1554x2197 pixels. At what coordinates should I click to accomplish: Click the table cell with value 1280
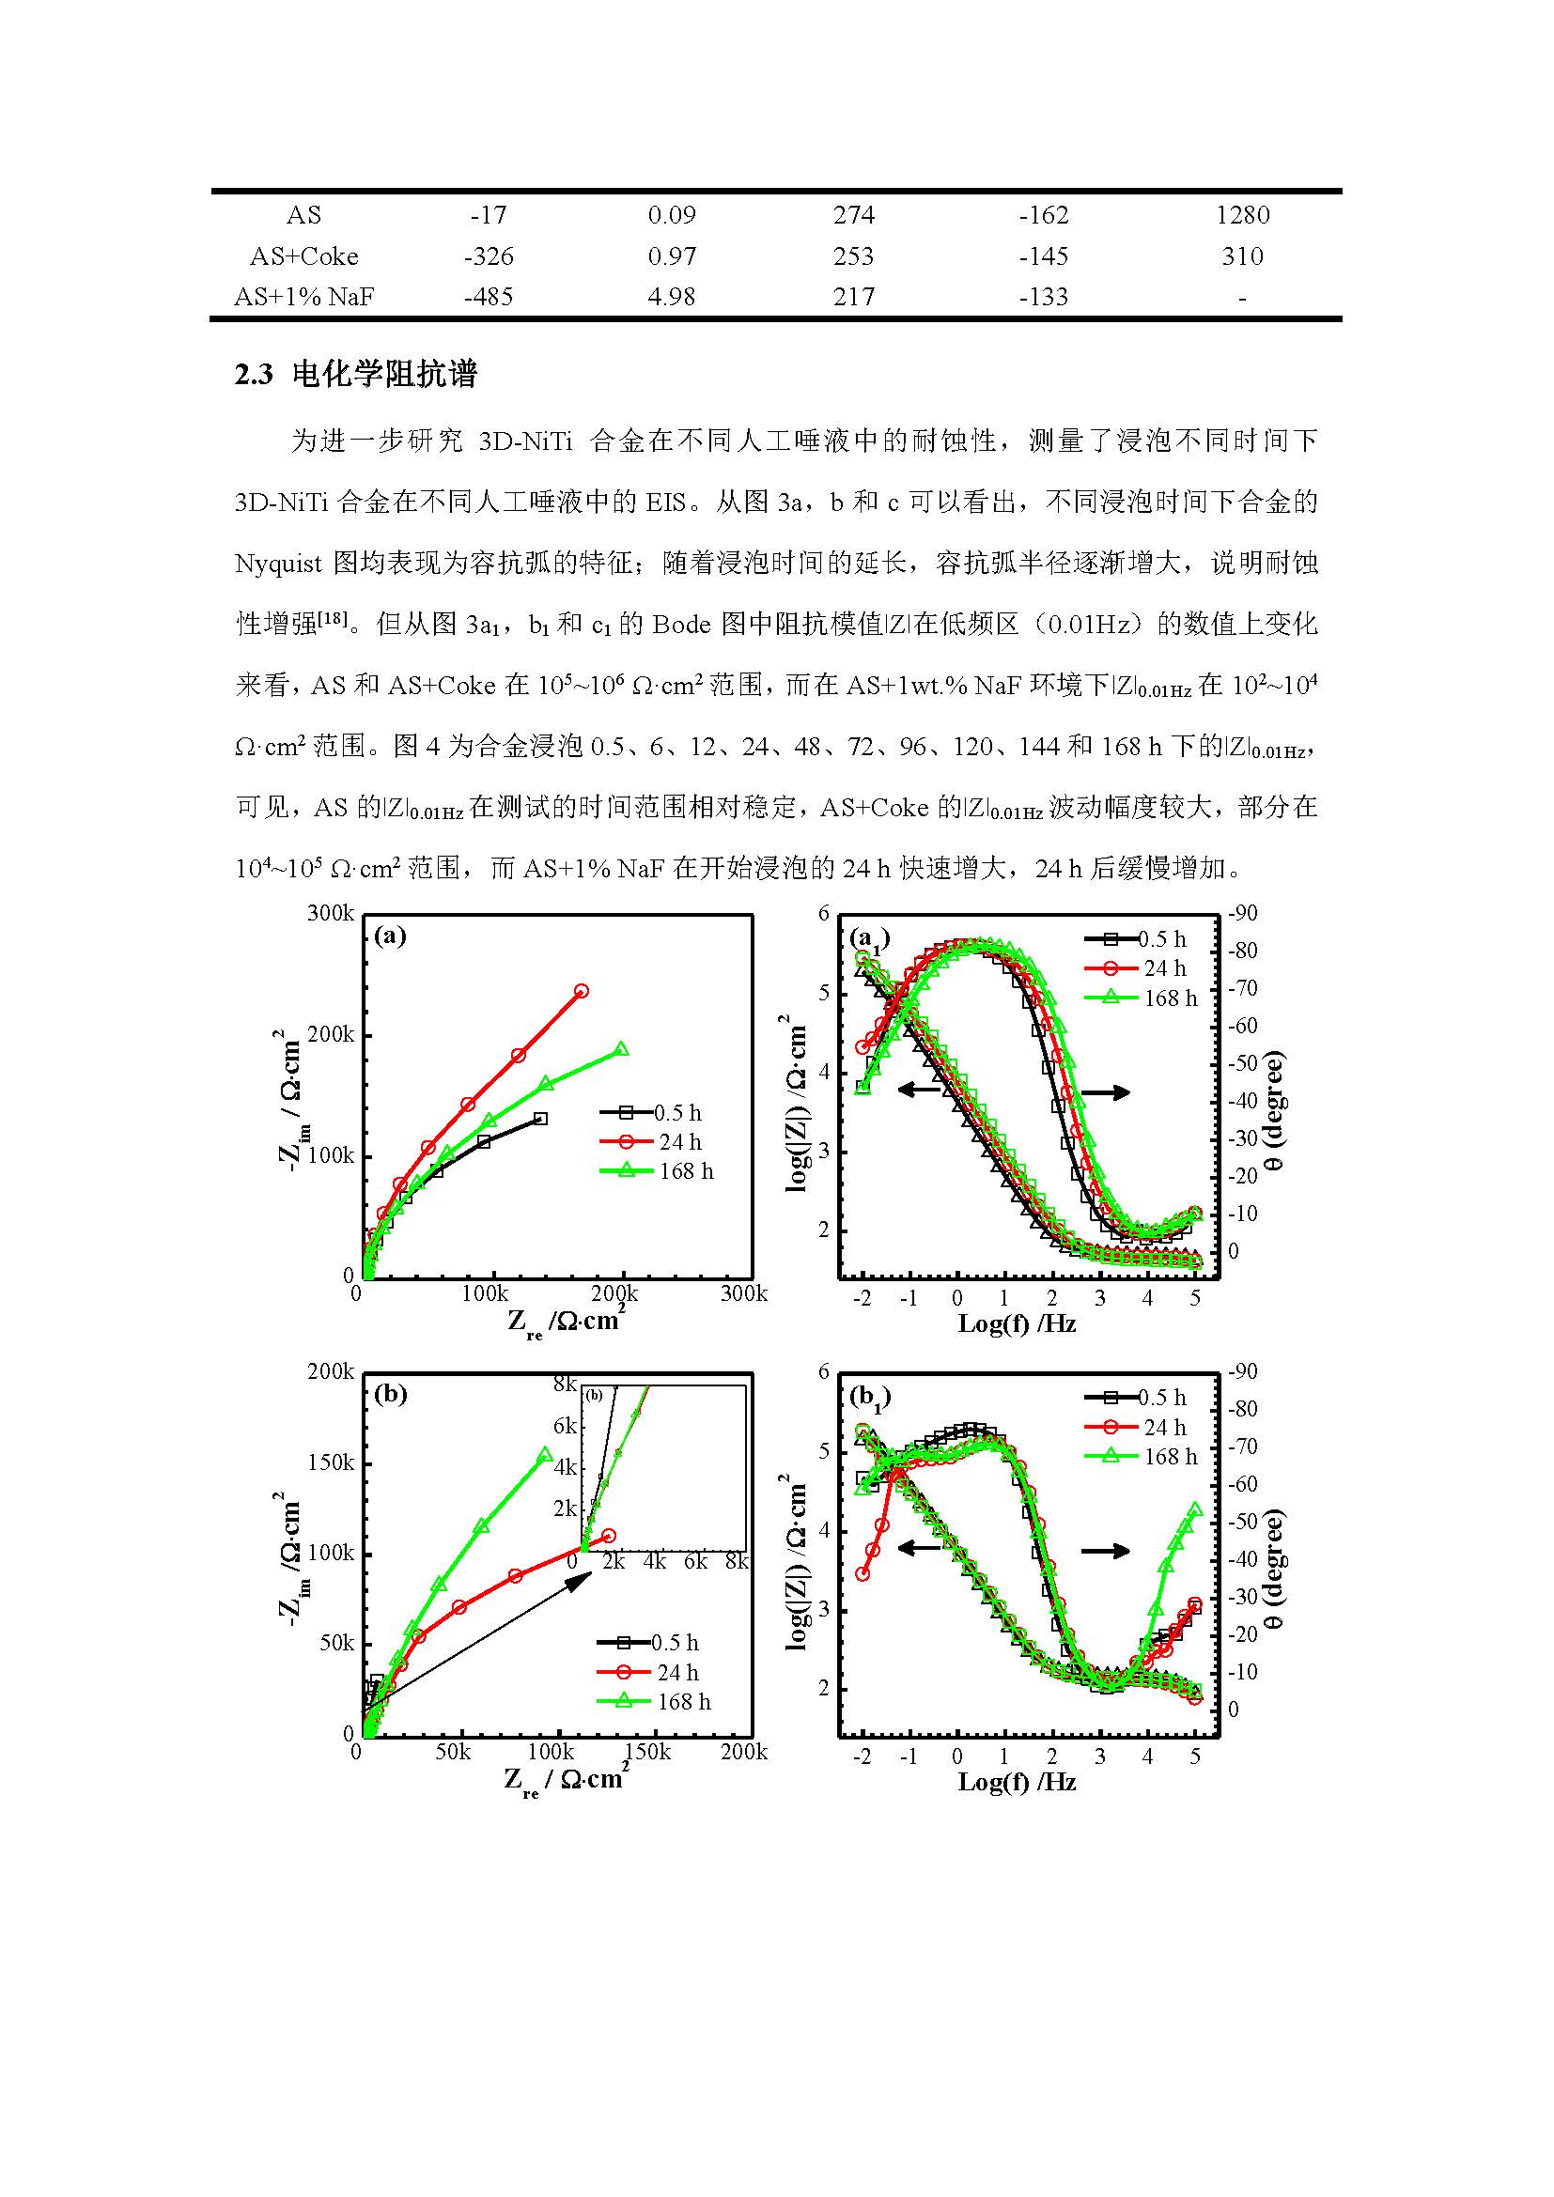(x=1242, y=215)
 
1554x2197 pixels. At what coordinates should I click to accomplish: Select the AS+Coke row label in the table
(x=303, y=256)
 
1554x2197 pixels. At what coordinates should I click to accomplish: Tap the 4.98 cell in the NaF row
(x=671, y=297)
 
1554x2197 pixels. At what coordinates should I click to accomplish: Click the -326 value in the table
(x=488, y=256)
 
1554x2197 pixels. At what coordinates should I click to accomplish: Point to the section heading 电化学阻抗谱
(x=383, y=374)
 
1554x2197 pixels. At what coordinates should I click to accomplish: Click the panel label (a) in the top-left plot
(x=390, y=935)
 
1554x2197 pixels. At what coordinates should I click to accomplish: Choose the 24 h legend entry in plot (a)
(x=678, y=1141)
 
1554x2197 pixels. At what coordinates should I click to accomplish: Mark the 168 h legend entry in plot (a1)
(x=1170, y=998)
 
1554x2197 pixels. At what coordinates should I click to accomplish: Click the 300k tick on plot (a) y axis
(x=330, y=913)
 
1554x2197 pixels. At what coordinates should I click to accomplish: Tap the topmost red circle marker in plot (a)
(x=581, y=991)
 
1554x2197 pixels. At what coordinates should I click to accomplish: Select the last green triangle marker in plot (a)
(x=621, y=1049)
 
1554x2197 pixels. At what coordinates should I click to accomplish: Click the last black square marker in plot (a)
(x=540, y=1118)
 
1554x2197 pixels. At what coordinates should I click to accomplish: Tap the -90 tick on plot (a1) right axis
(x=1243, y=913)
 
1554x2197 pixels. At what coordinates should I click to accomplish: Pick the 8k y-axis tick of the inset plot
(x=565, y=1384)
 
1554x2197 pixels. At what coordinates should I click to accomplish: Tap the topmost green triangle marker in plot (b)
(x=546, y=1454)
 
